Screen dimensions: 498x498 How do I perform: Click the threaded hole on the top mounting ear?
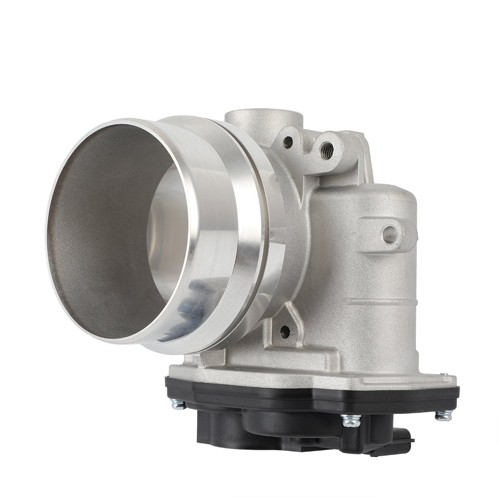pos(327,147)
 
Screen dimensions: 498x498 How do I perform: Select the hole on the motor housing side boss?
pos(389,234)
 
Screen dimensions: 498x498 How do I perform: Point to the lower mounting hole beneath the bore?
pos(285,331)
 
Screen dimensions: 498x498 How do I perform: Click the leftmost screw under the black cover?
pos(178,404)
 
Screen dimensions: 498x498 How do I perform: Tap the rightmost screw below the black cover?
pos(443,414)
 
